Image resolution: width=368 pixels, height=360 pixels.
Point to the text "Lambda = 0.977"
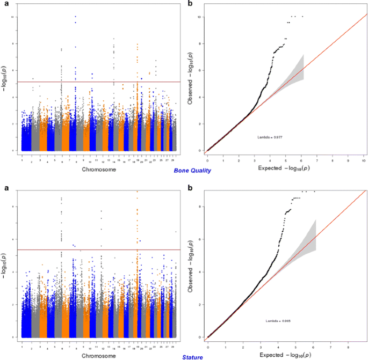tap(271, 137)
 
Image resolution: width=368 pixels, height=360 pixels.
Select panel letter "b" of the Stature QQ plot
tap(192, 188)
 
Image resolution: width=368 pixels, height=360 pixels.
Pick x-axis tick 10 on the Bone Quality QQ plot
tap(365, 160)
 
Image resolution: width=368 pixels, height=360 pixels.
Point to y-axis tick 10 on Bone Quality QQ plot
tap(199, 17)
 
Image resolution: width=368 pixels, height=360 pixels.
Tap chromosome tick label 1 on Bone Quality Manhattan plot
tap(22, 160)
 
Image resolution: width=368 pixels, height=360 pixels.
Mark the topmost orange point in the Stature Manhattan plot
tap(138, 192)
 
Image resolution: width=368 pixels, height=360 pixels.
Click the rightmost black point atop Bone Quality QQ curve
tap(302, 16)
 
